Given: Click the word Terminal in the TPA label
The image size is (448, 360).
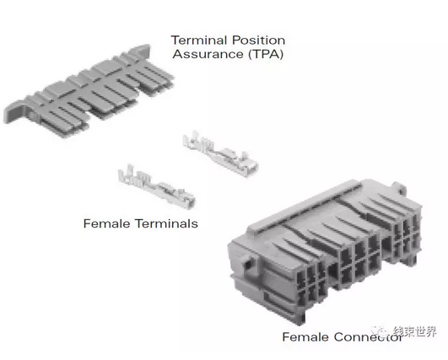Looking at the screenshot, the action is [x=199, y=40].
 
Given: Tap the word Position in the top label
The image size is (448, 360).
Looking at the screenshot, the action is [x=258, y=40].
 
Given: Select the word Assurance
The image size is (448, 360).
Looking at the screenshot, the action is [x=208, y=54].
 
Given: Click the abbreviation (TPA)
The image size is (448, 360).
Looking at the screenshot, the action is [x=266, y=54].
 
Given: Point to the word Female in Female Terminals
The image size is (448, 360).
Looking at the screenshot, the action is [x=107, y=223].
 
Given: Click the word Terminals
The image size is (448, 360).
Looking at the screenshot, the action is [x=166, y=223].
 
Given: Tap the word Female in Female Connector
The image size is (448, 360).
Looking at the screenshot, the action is [x=305, y=337].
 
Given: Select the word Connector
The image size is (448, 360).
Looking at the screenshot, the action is [x=368, y=337].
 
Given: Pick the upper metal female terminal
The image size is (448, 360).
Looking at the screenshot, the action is [x=220, y=153].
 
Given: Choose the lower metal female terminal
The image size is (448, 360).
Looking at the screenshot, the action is [x=157, y=186].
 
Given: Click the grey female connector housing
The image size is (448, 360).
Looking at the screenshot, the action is [x=326, y=251].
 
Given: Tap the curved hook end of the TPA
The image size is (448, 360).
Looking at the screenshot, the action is [x=13, y=112].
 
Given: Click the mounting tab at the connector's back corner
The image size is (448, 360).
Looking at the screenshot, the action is [x=399, y=188].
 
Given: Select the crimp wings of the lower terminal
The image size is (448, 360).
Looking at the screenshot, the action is [x=129, y=175].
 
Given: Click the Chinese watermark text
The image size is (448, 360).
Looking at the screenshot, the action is [x=414, y=331].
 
